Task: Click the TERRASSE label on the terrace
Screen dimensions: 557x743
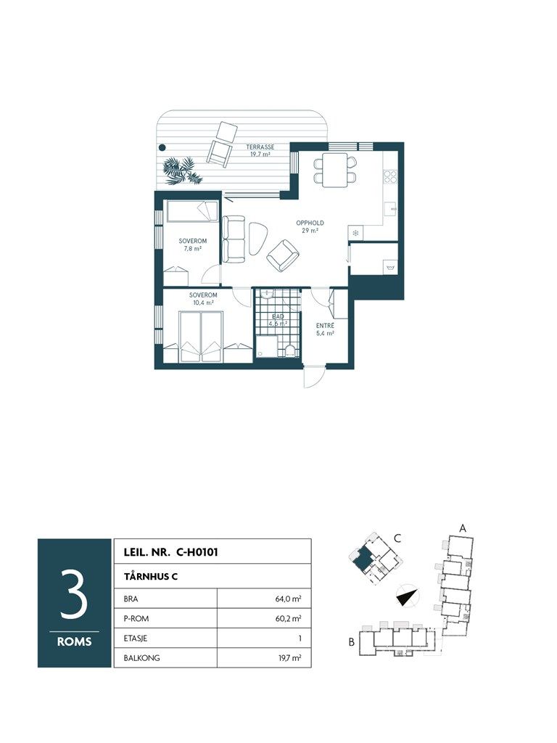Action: (260, 147)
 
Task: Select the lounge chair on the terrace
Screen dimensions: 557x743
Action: (222, 143)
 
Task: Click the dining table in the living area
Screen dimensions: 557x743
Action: (335, 170)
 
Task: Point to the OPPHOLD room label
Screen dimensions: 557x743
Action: (310, 223)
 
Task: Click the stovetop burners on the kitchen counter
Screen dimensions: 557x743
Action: (389, 176)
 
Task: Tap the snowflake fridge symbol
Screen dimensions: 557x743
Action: (355, 233)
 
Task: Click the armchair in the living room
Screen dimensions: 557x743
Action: (283, 255)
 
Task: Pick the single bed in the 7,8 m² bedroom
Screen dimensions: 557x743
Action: (191, 211)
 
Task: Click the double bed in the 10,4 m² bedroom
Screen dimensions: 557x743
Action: (201, 337)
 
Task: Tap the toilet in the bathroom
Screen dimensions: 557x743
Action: (290, 350)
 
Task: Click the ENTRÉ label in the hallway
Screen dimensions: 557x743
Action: (326, 326)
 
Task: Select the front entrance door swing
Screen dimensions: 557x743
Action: (313, 378)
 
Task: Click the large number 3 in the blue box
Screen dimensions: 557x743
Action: (74, 594)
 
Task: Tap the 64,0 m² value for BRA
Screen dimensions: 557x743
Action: (289, 599)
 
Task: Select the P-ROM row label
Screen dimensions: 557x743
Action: (136, 618)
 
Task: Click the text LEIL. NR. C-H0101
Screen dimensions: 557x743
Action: (170, 552)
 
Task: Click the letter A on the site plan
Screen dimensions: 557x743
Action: (463, 528)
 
